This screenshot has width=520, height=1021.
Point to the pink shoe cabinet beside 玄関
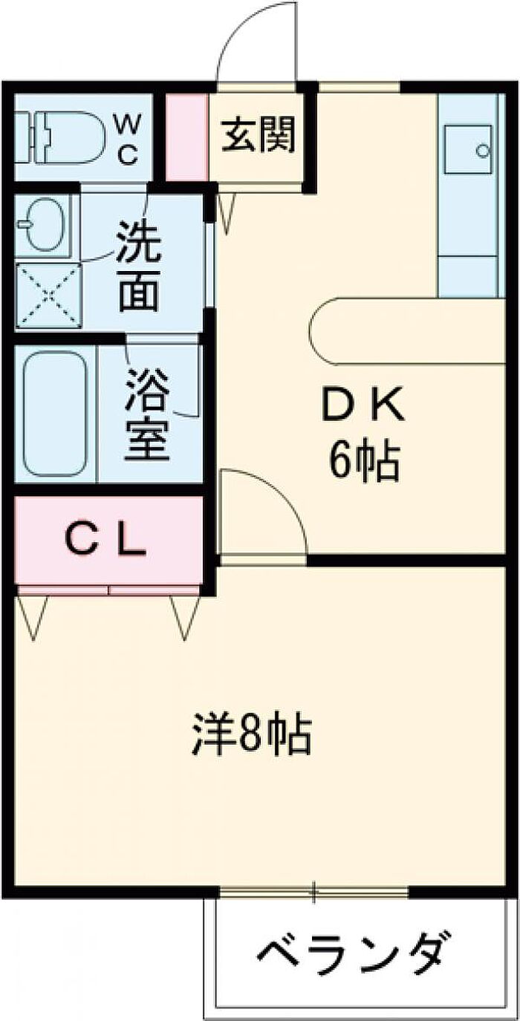[x=186, y=137]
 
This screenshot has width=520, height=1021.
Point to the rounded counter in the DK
[x=409, y=331]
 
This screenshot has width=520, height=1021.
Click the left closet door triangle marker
[x=32, y=616]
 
